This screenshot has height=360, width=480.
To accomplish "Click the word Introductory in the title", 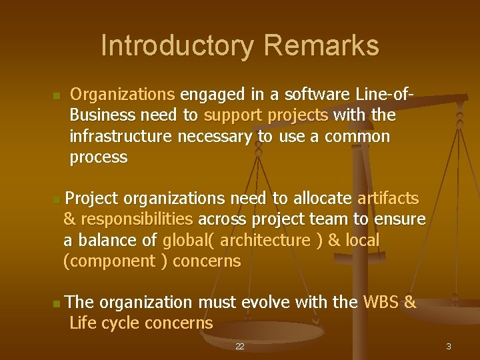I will tap(177, 46).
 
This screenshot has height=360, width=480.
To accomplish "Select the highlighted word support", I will tap(233, 115).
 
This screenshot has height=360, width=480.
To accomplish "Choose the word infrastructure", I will tap(121, 137).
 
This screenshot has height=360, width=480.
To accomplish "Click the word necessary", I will tap(215, 137).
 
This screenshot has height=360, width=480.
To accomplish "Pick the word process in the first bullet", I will tap(98, 157).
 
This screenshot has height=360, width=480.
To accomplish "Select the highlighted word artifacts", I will tap(388, 198).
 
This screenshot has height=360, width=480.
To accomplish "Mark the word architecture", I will tap(265, 240).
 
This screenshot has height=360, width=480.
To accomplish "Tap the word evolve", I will tap(267, 303).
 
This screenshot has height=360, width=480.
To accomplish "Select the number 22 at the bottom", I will tap(240, 347).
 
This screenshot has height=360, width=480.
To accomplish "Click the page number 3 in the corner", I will tap(449, 347).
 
